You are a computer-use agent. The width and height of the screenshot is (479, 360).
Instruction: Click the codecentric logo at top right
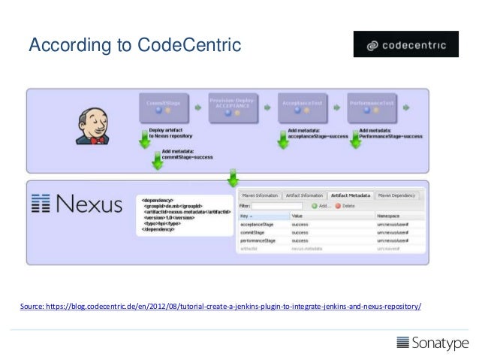pyautogui.click(x=405, y=44)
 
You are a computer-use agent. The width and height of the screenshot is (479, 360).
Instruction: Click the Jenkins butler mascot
pyautogui.click(x=89, y=123)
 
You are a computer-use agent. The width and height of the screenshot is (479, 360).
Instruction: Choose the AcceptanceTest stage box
pyautogui.click(x=302, y=107)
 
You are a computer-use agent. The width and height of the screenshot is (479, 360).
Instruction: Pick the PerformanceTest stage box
pyautogui.click(x=372, y=107)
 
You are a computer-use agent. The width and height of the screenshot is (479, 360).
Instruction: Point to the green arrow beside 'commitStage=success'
pyautogui.click(x=158, y=159)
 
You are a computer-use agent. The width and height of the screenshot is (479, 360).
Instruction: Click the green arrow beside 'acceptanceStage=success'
pyautogui.click(x=283, y=140)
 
